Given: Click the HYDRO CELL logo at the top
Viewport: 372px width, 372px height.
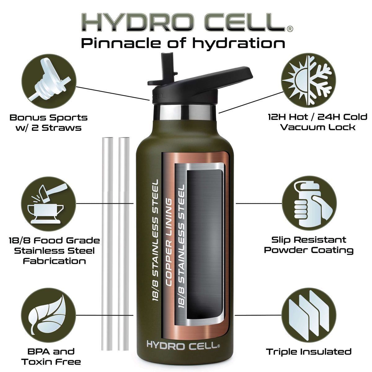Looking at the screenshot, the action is [x=187, y=22].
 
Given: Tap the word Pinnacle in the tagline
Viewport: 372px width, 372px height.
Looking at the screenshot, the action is [x=121, y=43].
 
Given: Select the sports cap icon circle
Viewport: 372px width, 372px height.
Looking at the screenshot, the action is [x=49, y=81].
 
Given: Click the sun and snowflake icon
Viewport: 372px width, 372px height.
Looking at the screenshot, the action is [x=308, y=80].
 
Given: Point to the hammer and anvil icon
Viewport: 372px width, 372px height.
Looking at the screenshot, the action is [x=48, y=203].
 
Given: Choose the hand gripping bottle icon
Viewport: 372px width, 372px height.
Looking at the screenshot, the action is [x=309, y=203].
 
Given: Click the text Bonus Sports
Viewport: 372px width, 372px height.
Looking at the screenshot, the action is [x=48, y=117].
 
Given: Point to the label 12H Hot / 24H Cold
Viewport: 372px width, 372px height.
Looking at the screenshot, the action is [x=317, y=117].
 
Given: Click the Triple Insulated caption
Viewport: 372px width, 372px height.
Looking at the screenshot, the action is [x=309, y=352].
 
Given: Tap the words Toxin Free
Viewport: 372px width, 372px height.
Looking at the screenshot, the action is [x=51, y=362].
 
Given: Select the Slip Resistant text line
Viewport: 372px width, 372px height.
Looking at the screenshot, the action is [x=309, y=240].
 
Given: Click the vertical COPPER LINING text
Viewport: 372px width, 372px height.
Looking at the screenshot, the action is [x=169, y=242].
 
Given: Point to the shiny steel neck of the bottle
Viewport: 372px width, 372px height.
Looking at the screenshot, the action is [x=185, y=112].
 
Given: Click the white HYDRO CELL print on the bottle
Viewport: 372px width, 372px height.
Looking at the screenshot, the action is [x=183, y=345].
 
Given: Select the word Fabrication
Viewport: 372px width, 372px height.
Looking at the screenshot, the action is [x=54, y=261].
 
